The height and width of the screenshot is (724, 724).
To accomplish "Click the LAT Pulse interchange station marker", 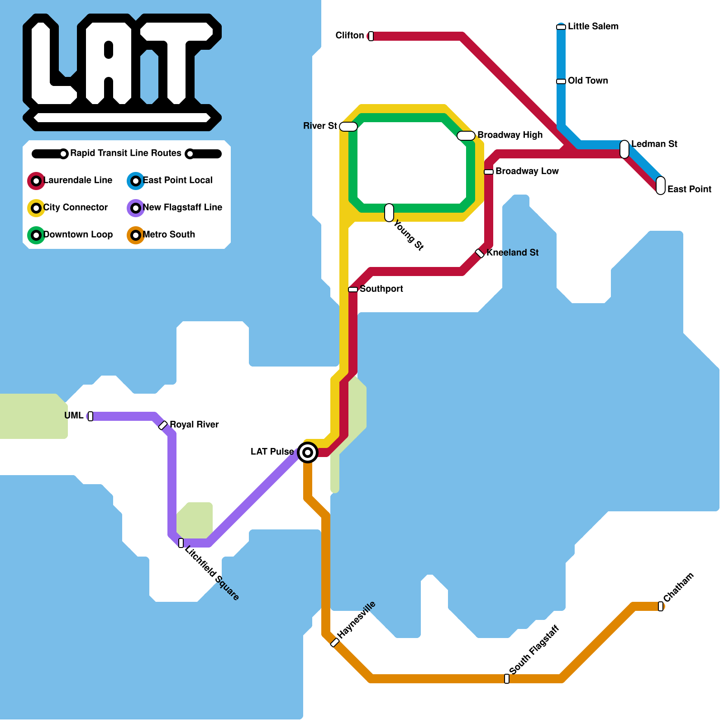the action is (x=308, y=452).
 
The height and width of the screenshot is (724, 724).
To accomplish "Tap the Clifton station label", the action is (x=349, y=35).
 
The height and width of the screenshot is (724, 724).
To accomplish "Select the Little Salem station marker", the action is (x=561, y=27).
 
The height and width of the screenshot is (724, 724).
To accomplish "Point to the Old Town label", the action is (x=587, y=81).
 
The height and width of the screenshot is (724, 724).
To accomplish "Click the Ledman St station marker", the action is (x=624, y=149).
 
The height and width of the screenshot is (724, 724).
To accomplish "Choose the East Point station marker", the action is (x=661, y=186).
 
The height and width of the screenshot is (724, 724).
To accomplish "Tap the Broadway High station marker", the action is (x=466, y=135).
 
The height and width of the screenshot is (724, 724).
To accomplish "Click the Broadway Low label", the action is (x=527, y=171).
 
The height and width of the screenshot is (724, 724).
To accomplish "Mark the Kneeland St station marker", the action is (x=480, y=253).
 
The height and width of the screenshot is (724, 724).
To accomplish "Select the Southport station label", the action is (x=381, y=289).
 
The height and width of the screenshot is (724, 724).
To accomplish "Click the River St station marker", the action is (x=348, y=127).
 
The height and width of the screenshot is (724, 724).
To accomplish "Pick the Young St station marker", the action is (x=389, y=213).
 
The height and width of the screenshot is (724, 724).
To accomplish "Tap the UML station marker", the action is (x=90, y=416).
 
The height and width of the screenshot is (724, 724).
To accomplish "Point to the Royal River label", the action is (x=194, y=424).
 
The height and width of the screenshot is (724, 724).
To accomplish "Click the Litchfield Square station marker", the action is (x=181, y=543).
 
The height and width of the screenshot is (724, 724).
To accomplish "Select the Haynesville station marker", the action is (x=335, y=643).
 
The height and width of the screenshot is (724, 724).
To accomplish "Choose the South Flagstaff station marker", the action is (x=507, y=679).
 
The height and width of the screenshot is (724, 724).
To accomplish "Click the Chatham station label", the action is (x=678, y=587).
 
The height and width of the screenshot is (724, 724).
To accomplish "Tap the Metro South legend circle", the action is (x=136, y=235).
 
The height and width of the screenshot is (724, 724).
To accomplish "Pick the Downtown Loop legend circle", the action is (x=36, y=235).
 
